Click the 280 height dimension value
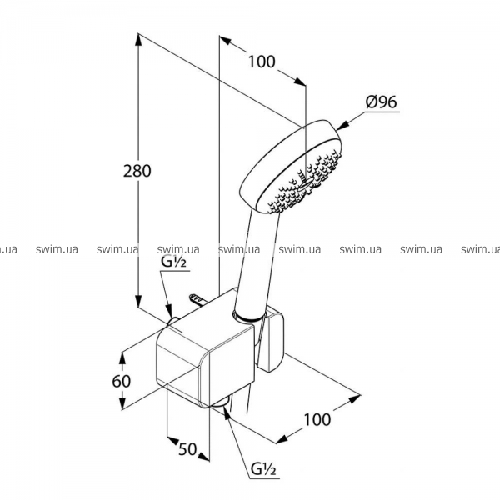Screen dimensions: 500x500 [x=137, y=171]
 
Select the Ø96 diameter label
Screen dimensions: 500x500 [x=382, y=102]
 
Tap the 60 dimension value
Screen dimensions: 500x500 [x=121, y=381]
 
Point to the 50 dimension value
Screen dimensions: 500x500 [x=187, y=449]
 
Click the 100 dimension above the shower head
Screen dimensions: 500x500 [x=262, y=62]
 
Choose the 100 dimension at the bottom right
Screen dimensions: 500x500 [x=317, y=419]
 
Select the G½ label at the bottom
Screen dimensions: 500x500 [x=263, y=468]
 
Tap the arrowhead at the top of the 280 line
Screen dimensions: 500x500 [x=138, y=39]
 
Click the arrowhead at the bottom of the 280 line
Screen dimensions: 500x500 [x=138, y=301]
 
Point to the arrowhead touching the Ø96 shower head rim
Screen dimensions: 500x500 [x=342, y=126]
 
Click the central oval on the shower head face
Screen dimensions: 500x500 [x=306, y=183]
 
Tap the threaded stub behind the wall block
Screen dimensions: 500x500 [x=197, y=299]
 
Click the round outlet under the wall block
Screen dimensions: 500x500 [x=219, y=403]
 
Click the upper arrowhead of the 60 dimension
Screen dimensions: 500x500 [x=122, y=357]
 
